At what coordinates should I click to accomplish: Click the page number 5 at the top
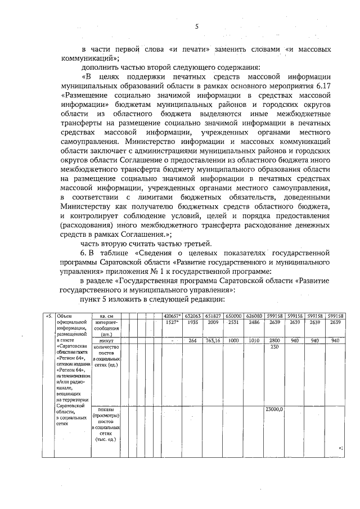click(197, 26)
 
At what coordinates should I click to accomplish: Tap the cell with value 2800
click(275, 340)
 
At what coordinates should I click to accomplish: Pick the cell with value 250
click(275, 346)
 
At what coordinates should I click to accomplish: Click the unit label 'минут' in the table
click(106, 340)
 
